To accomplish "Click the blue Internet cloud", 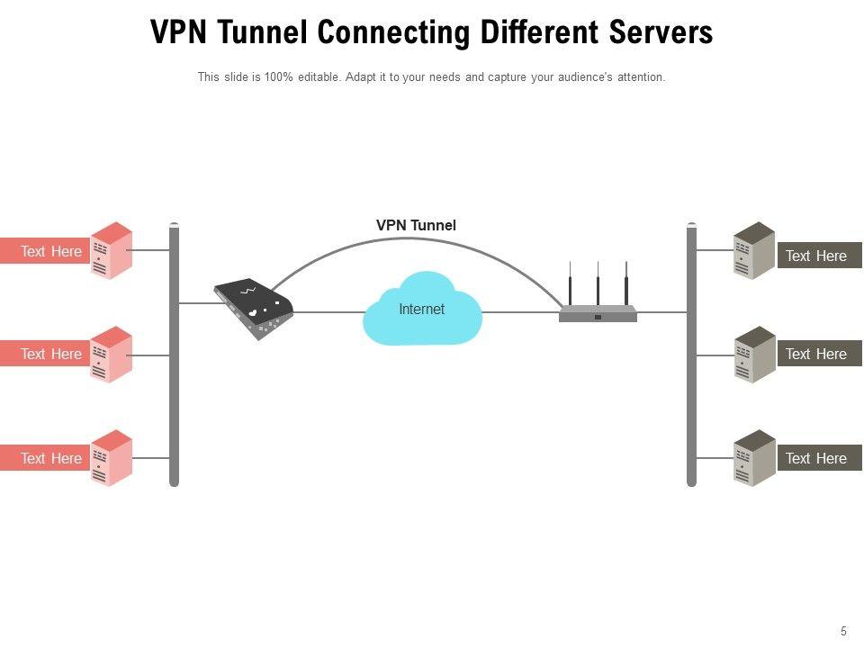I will (422, 310).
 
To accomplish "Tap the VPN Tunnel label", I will (416, 225).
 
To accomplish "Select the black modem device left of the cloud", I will (254, 307).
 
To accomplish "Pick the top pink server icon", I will (112, 250).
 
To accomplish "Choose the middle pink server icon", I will (112, 355).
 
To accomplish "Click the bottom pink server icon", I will (112, 458).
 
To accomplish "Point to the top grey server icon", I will (754, 250).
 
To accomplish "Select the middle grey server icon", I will (754, 355).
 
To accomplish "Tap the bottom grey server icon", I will (754, 458).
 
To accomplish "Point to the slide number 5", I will (843, 632).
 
